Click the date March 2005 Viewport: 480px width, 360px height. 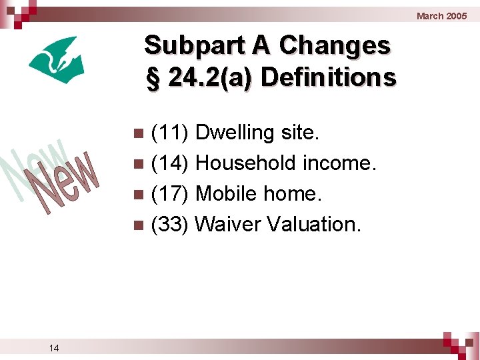(441, 16)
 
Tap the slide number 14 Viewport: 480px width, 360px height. (54, 347)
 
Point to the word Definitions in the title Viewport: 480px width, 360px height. (329, 77)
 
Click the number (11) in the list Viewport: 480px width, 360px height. (172, 133)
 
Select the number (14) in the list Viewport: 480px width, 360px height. (172, 163)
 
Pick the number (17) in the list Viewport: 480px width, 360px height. (172, 194)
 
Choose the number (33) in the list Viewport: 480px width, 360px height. (172, 225)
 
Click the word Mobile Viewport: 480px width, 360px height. (227, 194)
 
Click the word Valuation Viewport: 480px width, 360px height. (314, 225)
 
